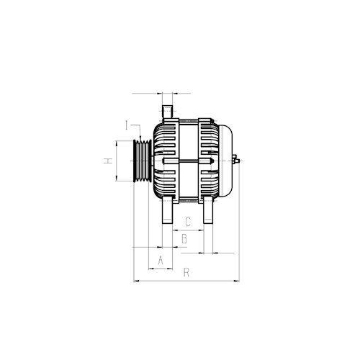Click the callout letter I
(126, 125)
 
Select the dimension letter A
(161, 257)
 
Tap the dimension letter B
(184, 238)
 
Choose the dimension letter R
(186, 272)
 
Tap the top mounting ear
(167, 109)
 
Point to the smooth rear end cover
(225, 160)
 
